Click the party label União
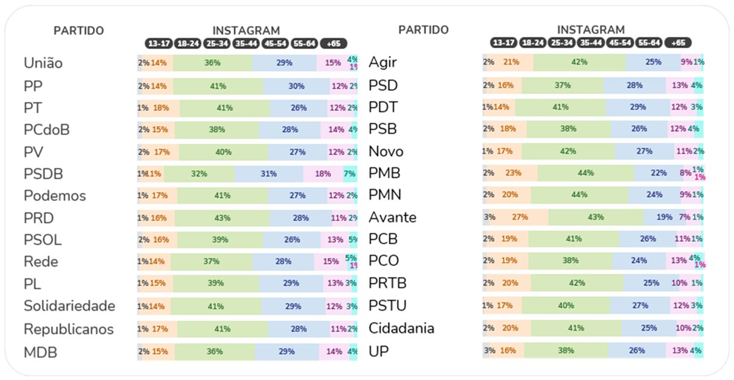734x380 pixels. tap(43, 63)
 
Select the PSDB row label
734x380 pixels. tap(43, 174)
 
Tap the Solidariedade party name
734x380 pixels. tap(69, 306)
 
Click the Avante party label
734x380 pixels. tap(393, 217)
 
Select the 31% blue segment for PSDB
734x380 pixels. tap(269, 174)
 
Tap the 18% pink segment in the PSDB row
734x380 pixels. tap(323, 174)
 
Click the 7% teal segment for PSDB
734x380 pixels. tap(350, 174)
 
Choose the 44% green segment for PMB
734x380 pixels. tap(585, 173)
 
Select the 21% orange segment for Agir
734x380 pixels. tap(511, 62)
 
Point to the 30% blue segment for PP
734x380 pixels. tap(296, 86)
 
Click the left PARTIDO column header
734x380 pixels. tap(79, 31)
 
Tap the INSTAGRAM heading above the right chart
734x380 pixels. tap(590, 30)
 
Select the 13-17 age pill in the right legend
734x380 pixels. tap(503, 43)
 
